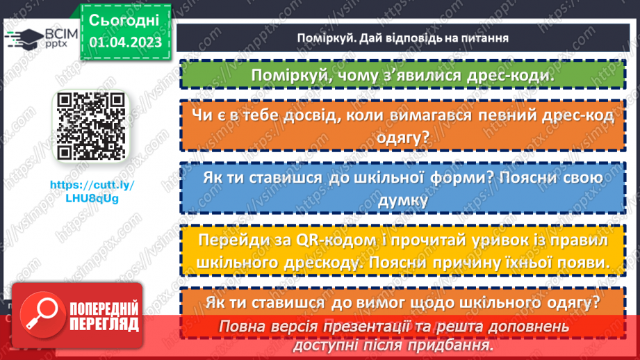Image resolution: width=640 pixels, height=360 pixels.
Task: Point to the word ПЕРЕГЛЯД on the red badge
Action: pyautogui.click(x=104, y=323)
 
